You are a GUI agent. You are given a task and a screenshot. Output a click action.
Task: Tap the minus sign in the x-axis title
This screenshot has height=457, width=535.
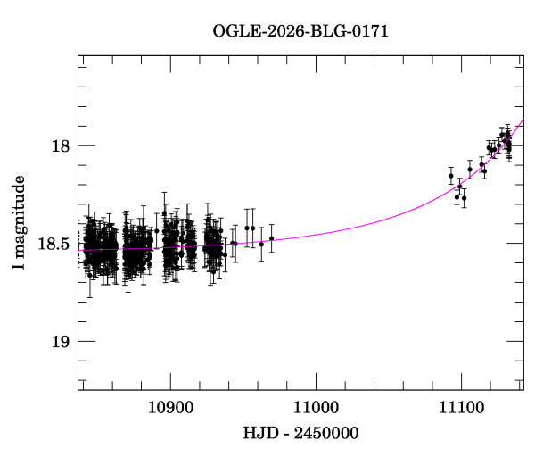coord(285,433)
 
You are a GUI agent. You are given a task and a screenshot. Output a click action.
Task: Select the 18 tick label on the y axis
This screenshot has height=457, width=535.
coord(60,146)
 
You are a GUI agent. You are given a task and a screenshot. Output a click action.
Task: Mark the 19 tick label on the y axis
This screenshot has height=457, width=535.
coord(60,342)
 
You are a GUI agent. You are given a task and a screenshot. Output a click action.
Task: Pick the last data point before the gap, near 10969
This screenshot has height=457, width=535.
coord(271,238)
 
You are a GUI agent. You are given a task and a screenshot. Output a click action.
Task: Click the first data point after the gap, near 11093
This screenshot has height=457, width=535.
coord(451,176)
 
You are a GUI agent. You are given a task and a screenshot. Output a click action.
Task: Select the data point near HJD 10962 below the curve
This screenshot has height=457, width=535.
coord(261,243)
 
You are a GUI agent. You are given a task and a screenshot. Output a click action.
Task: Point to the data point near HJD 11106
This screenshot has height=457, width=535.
coord(470,169)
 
